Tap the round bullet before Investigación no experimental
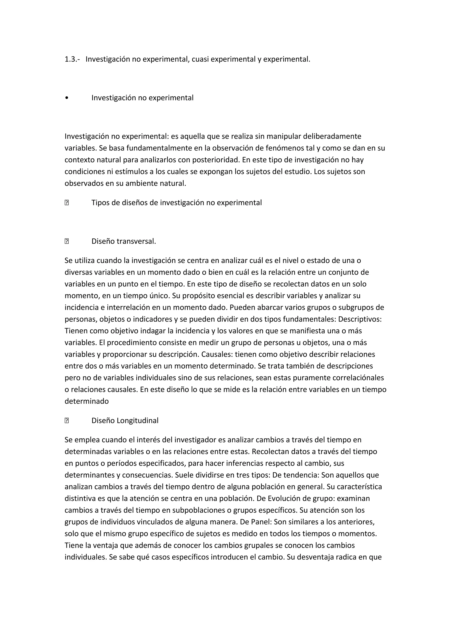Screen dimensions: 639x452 point(66,98)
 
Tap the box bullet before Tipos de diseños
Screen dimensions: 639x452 point(66,203)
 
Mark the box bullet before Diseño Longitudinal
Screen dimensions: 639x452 point(66,421)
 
